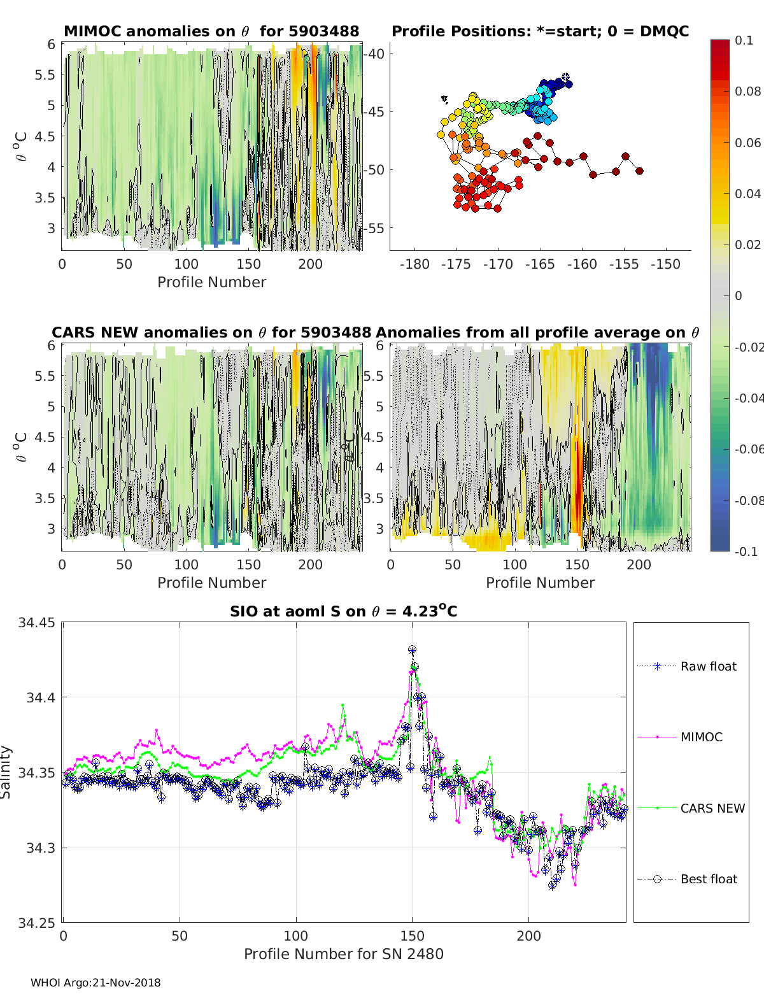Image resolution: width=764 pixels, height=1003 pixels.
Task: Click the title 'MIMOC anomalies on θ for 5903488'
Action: pos(211,31)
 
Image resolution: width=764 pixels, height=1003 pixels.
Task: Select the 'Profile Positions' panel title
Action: pos(541,31)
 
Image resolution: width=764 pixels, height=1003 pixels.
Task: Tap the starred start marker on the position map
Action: pos(566,77)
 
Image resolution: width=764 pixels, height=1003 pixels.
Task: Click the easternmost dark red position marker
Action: pos(639,171)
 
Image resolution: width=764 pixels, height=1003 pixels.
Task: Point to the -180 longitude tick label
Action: pos(414,264)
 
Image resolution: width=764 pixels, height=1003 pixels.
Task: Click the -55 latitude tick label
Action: pos(374,228)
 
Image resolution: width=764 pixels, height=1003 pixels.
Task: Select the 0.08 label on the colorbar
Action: pos(747,92)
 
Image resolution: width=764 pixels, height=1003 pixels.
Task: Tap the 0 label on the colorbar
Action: pos(739,295)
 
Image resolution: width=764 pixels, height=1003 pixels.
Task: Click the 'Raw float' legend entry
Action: pos(687,666)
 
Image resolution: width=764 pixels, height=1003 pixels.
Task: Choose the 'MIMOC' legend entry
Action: pos(680,737)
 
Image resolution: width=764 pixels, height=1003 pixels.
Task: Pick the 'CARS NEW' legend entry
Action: pos(691,808)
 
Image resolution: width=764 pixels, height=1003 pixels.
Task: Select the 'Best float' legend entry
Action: pos(687,879)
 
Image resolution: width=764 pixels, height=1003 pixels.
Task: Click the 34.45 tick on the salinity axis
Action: pos(36,623)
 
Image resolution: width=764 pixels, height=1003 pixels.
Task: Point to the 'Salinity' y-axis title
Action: pos(6,772)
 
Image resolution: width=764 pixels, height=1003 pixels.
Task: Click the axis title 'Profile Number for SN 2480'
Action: pos(344,954)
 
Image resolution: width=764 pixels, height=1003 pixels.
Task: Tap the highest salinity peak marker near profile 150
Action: pos(412,650)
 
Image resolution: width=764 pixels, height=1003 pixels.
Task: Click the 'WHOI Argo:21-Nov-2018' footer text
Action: pos(95,983)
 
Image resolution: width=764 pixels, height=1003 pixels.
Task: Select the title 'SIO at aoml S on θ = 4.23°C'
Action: pos(343,611)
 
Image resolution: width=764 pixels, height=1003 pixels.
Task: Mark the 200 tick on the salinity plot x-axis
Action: pos(528,936)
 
